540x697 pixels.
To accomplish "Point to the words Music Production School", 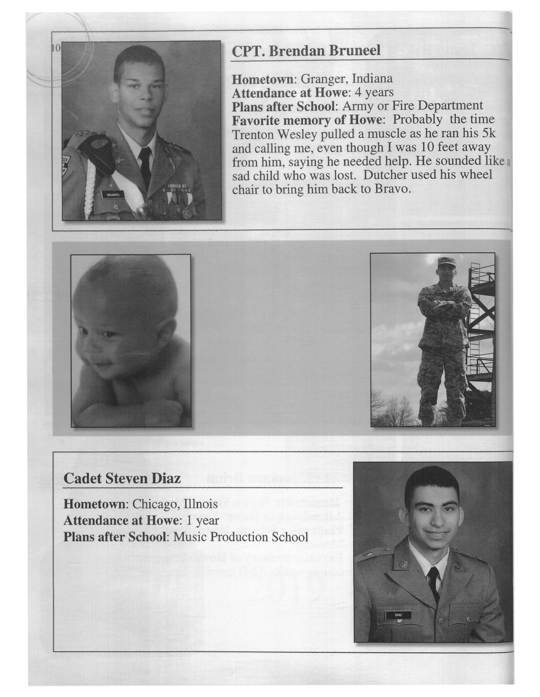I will click(241, 537).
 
